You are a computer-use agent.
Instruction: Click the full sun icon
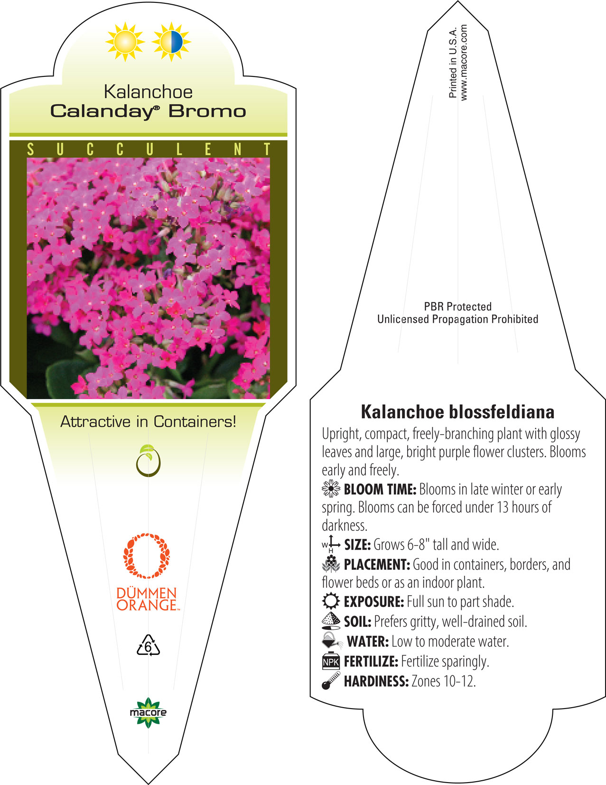(x=125, y=42)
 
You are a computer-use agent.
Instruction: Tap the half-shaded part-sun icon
(x=171, y=42)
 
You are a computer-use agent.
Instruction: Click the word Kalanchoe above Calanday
(x=148, y=92)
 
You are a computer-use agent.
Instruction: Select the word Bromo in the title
(x=207, y=112)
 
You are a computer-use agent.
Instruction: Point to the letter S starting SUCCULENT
(x=30, y=150)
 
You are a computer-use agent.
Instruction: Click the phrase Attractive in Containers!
(x=148, y=421)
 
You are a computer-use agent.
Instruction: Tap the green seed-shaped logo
(x=148, y=461)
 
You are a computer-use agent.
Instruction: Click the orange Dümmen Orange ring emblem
(x=147, y=556)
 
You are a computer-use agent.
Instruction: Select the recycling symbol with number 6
(x=148, y=646)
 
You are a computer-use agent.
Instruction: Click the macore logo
(x=148, y=712)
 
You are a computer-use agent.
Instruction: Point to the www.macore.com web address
(x=464, y=62)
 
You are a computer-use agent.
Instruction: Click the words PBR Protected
(x=457, y=307)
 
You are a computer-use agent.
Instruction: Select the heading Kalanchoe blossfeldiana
(x=457, y=412)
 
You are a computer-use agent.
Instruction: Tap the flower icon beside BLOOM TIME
(x=331, y=488)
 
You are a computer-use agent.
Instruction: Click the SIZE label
(x=357, y=544)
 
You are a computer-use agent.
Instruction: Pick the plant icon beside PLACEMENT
(x=331, y=564)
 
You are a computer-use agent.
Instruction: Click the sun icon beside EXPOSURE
(x=331, y=601)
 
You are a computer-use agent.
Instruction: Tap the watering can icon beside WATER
(x=332, y=641)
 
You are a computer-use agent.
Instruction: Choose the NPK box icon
(x=331, y=661)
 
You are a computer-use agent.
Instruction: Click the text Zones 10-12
(x=443, y=682)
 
